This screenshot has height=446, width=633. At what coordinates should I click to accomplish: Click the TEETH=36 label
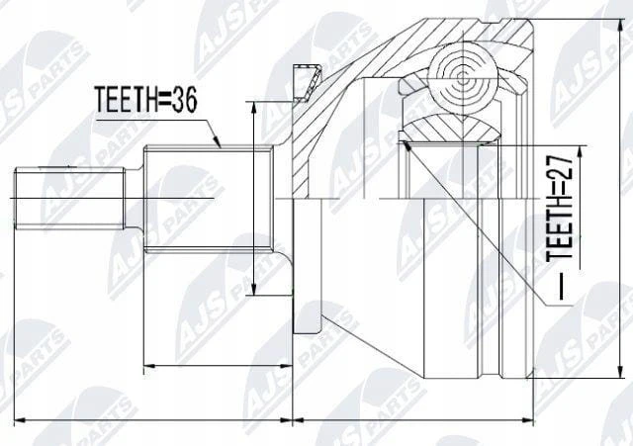coord(145,100)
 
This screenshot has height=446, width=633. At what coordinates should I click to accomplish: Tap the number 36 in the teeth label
coord(184,100)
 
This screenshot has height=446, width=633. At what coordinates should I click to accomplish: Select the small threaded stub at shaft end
coord(70,198)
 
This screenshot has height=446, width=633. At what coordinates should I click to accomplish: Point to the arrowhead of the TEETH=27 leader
coord(407,145)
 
